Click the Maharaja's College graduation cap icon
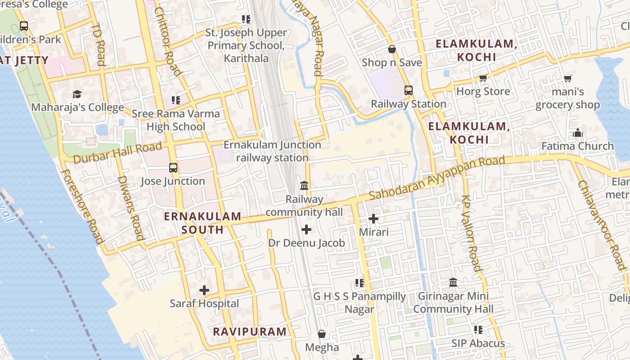77,94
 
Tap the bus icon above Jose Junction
173,168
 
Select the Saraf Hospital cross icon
204,290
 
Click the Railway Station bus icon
409,90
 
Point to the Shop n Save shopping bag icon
392,49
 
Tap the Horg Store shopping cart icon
483,78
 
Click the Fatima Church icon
578,133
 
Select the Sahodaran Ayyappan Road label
436,179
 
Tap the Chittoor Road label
167,41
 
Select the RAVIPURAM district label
249,332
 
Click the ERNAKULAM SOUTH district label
202,223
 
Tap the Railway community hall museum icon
304,185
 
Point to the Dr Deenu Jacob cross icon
306,229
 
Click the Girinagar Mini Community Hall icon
453,283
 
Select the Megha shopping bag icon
322,334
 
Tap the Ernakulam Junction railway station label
272,151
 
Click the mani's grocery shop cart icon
568,79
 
